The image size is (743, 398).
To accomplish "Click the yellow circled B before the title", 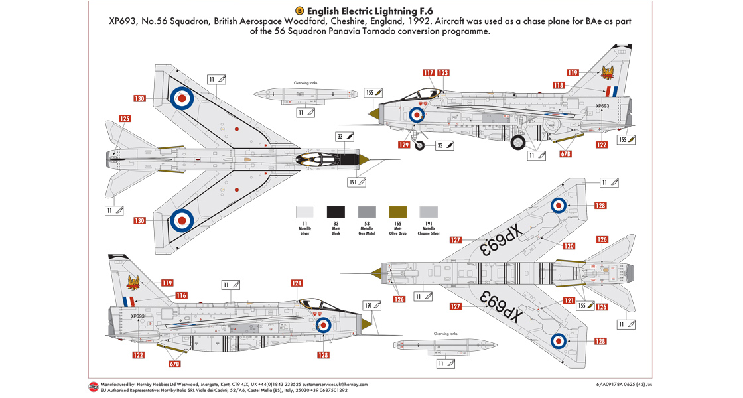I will click(x=299, y=11).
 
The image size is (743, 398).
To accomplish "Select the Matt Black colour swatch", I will click(x=336, y=212).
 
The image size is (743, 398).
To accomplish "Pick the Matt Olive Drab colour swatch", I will click(x=397, y=212).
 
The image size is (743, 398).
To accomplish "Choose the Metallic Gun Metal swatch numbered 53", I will click(x=366, y=212).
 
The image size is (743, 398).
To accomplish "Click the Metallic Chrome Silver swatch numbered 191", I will click(x=429, y=212).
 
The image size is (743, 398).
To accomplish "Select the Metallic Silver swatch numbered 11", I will click(x=305, y=212).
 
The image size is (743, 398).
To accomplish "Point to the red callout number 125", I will click(x=125, y=119).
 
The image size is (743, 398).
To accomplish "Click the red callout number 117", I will click(x=428, y=73).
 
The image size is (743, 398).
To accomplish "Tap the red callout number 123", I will click(x=442, y=73).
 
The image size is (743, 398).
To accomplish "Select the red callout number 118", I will click(x=559, y=85).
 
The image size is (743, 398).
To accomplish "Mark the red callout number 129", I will click(x=404, y=144).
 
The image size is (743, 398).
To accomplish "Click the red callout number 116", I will click(x=181, y=295).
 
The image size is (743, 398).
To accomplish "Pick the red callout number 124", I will click(x=297, y=283).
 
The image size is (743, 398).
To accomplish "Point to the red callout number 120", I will click(x=569, y=246).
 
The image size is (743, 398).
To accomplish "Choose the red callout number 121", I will click(x=569, y=300).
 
